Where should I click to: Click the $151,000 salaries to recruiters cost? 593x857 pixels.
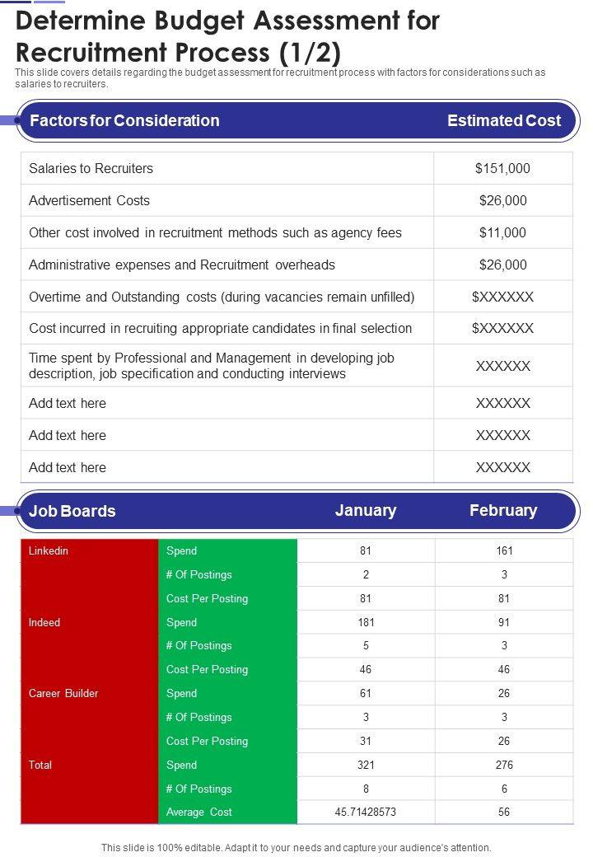click(x=502, y=168)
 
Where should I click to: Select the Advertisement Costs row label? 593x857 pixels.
click(x=89, y=200)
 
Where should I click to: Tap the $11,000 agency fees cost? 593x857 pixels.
click(x=502, y=232)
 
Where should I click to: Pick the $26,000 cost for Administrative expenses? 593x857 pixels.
click(x=502, y=265)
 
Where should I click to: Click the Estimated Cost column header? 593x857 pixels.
click(x=503, y=120)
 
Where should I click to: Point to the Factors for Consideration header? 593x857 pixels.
click(x=124, y=120)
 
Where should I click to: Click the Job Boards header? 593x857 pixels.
click(x=72, y=511)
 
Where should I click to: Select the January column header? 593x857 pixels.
click(x=366, y=510)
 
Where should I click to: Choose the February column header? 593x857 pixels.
click(x=503, y=510)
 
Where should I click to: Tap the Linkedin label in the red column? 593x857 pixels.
click(x=49, y=550)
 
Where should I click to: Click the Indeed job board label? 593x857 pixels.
click(x=44, y=622)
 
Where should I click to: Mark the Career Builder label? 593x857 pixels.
click(x=63, y=693)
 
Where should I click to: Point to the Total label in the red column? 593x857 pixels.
click(x=40, y=765)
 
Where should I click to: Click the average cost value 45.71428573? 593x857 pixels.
click(x=366, y=812)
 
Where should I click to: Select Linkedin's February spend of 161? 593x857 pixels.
click(x=504, y=550)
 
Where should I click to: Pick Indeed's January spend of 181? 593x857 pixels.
click(x=366, y=622)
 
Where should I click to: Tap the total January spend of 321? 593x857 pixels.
click(x=366, y=765)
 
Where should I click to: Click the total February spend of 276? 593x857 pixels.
click(x=504, y=765)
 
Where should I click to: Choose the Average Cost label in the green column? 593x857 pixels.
click(x=199, y=812)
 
